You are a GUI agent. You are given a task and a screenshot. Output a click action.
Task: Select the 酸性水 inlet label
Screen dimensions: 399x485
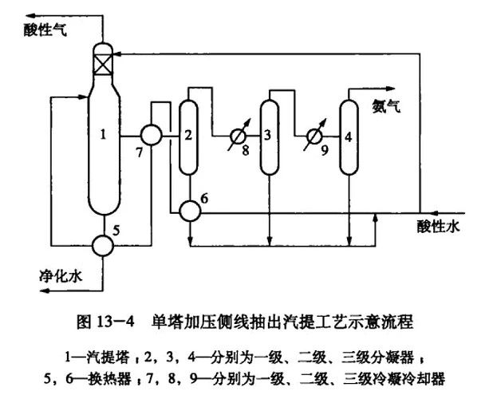(x=440, y=227)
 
